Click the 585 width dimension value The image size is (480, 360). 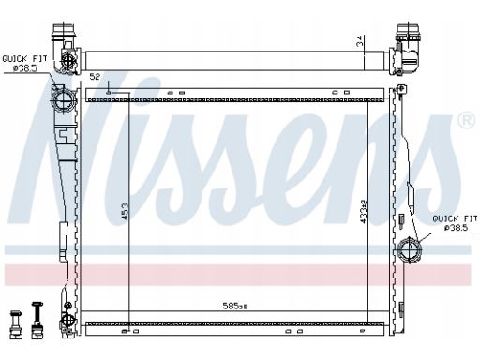pos(234,306)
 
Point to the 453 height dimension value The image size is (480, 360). pos(125,212)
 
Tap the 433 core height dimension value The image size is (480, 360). pos(363,212)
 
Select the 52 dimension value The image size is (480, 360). pos(95,77)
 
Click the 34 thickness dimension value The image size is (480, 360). pos(360,41)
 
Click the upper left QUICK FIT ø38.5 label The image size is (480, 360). pos(24,64)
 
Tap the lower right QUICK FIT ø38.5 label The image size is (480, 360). pos(455,223)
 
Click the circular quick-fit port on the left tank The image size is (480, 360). pos(64,99)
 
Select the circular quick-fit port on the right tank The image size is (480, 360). pos(409,250)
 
